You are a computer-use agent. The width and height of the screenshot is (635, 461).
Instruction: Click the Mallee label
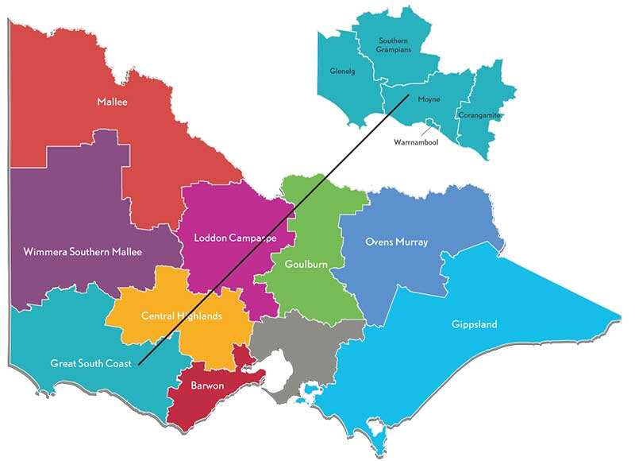(112, 102)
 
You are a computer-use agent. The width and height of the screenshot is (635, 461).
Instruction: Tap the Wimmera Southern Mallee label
(83, 252)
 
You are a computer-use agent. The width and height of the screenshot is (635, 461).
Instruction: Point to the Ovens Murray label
(396, 242)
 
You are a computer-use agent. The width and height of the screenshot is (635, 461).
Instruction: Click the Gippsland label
(474, 324)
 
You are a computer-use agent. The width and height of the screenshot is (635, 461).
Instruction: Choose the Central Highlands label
(182, 316)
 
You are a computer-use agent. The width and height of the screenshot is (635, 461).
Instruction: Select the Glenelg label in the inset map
(342, 72)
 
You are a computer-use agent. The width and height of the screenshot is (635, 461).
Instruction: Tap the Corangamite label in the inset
(479, 115)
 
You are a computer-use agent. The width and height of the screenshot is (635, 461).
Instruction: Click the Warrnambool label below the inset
(416, 142)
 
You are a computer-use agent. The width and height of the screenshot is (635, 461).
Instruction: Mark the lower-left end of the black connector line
(138, 365)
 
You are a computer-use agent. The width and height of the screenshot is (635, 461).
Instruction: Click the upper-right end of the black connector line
(410, 95)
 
